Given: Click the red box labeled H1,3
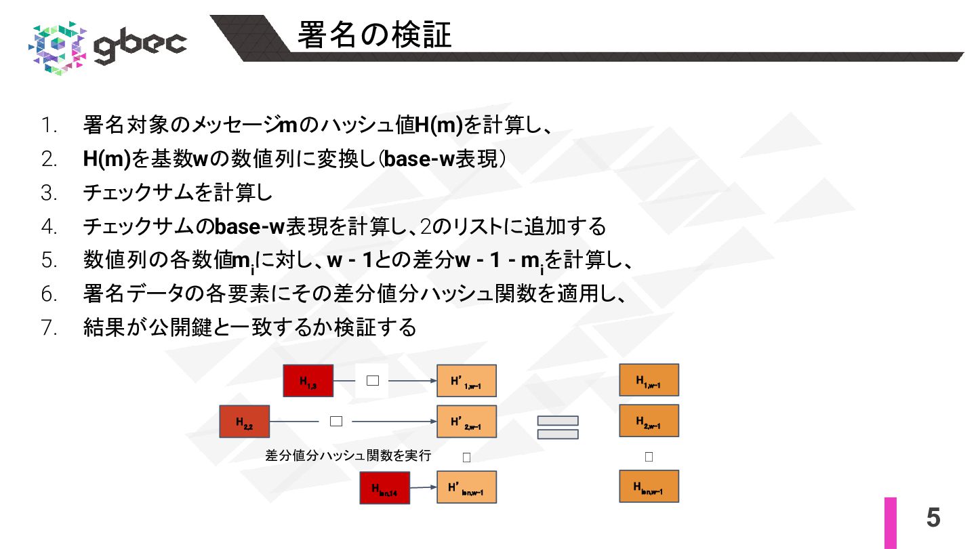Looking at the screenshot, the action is (x=308, y=380).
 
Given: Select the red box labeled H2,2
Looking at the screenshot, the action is (x=245, y=422).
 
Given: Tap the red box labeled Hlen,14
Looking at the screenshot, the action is (x=384, y=488).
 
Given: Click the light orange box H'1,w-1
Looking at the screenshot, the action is (x=466, y=381).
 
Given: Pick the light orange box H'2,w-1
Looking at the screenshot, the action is (x=466, y=422).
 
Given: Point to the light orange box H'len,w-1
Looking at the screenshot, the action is (x=466, y=487).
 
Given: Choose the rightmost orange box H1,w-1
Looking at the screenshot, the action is (x=649, y=380).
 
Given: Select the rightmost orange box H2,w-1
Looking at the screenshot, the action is (x=649, y=421).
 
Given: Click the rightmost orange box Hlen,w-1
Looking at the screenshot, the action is (x=649, y=487).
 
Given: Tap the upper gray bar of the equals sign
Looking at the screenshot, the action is (x=558, y=421).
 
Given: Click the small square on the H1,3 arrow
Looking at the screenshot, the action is (x=372, y=380).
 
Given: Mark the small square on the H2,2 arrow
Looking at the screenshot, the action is (x=336, y=421).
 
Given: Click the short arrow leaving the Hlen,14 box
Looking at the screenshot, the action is (x=423, y=487).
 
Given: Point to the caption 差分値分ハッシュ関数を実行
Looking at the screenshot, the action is (x=348, y=455).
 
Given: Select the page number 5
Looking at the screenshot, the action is (x=933, y=518).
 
